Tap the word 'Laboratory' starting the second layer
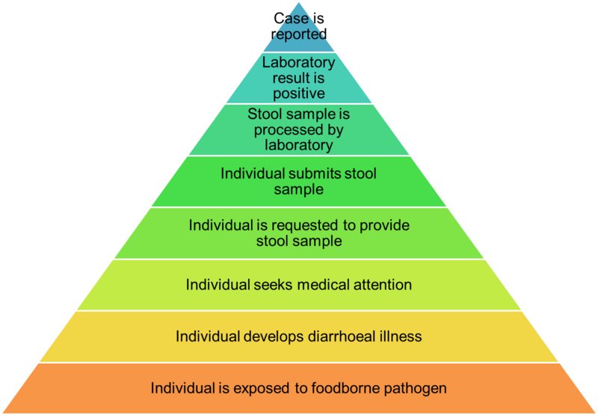point(298,62)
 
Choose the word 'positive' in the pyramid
point(299,93)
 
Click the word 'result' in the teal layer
point(284,78)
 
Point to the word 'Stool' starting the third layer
point(265,114)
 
